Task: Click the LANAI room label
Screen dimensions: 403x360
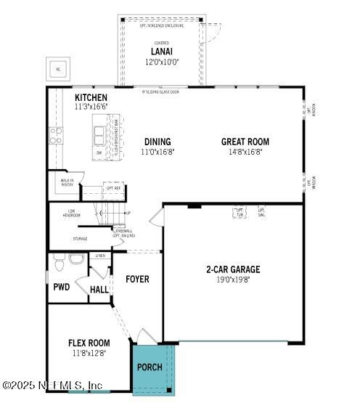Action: point(162,51)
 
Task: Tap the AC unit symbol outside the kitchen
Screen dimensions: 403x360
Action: point(58,70)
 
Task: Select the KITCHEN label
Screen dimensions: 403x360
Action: point(91,98)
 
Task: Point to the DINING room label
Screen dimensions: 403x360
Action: point(157,142)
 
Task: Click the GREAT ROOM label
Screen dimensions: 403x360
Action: point(245,142)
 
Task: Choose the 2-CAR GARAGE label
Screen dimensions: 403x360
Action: point(233,269)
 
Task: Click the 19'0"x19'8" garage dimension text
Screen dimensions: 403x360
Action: point(233,280)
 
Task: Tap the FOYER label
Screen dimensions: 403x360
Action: point(137,279)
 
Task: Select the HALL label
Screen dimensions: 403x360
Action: point(99,289)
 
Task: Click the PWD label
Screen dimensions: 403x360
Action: point(61,288)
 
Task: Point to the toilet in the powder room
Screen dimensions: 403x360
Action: point(77,259)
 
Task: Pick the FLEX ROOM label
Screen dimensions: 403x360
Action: point(89,343)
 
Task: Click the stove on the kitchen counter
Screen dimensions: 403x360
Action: point(55,135)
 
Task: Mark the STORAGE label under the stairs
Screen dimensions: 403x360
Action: point(80,238)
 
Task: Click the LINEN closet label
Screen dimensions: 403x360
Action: point(100,256)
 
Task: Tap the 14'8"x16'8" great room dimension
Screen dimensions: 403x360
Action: point(245,152)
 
